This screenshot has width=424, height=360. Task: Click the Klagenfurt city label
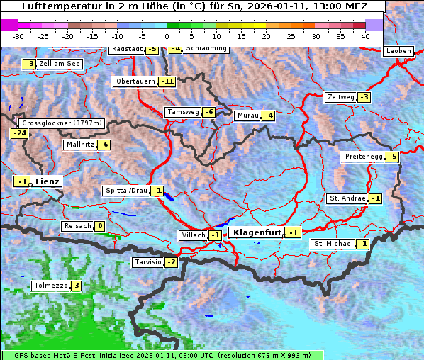click(257, 232)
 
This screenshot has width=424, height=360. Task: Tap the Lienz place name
click(48, 181)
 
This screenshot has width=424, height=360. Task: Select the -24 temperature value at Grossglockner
click(19, 133)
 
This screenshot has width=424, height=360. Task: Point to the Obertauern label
click(135, 81)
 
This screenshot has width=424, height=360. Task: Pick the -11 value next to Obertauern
click(167, 81)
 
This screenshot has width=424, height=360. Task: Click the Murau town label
click(247, 116)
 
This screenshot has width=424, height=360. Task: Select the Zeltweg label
click(341, 97)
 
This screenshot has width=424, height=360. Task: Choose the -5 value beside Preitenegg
click(392, 157)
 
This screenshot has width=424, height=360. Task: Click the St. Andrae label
click(347, 198)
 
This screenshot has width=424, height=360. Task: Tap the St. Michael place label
click(333, 244)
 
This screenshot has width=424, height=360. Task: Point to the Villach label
click(193, 235)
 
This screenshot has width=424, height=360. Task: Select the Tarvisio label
click(147, 262)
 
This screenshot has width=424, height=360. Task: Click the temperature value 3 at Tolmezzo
click(76, 286)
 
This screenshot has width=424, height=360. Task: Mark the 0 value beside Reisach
click(100, 227)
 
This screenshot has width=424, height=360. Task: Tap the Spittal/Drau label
click(125, 191)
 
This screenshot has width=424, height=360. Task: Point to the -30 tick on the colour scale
click(18, 35)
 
